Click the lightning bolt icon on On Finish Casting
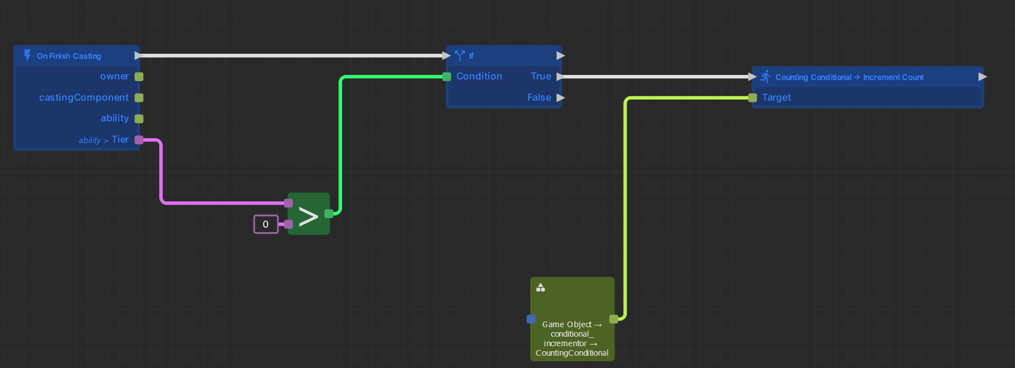click(x=27, y=55)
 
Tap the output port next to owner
click(x=139, y=77)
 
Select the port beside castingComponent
click(x=139, y=98)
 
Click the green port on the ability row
click(x=139, y=119)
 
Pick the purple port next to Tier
click(x=139, y=140)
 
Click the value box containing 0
click(x=266, y=224)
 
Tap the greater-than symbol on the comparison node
click(x=308, y=216)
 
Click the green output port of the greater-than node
click(x=329, y=213)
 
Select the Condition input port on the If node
click(x=447, y=77)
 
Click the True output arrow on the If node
click(x=560, y=77)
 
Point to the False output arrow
click(x=560, y=98)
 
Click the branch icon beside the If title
click(x=460, y=55)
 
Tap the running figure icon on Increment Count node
click(x=765, y=77)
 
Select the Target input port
click(x=752, y=98)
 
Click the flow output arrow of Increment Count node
click(x=982, y=77)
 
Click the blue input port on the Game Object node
click(x=531, y=319)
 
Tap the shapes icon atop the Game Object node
click(x=540, y=287)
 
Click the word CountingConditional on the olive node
click(x=572, y=353)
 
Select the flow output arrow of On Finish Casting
click(x=138, y=55)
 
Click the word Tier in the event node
click(x=120, y=139)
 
